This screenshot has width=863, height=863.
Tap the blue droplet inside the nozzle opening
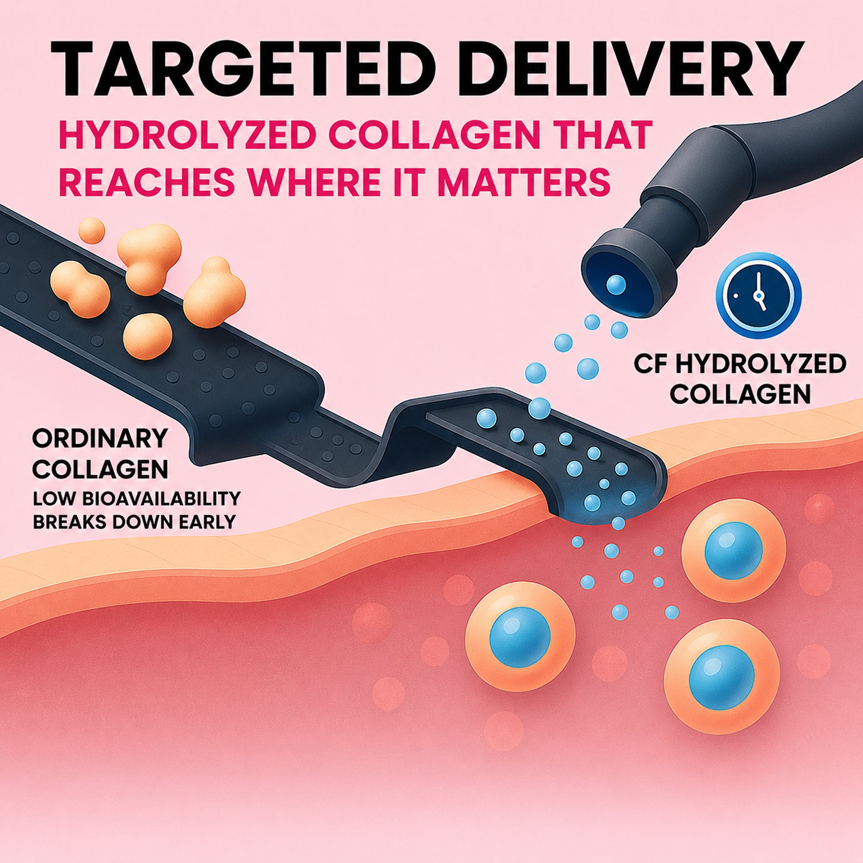coord(617,283)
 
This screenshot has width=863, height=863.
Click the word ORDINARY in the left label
coord(100,440)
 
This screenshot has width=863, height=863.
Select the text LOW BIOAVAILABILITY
coord(137,498)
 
